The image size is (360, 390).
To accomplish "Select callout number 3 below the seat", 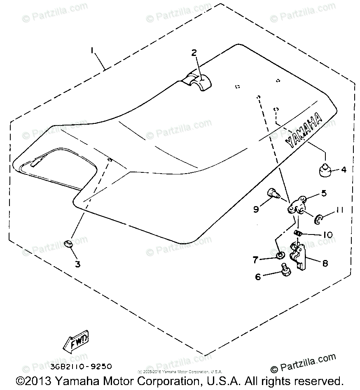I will click(77, 263).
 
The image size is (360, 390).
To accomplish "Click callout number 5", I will click(324, 193).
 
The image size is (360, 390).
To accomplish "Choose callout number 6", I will click(258, 277).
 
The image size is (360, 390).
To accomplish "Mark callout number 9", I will click(256, 209).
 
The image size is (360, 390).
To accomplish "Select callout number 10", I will click(328, 235).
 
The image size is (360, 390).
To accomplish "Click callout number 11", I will click(339, 210).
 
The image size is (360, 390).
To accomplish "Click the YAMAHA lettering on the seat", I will click(304, 129).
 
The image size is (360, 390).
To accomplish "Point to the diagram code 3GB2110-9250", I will click(82, 366).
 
